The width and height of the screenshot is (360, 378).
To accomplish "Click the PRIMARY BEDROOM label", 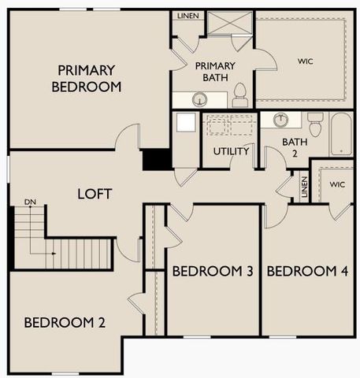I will [87, 79].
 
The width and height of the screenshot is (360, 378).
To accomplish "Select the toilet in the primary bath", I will [241, 96].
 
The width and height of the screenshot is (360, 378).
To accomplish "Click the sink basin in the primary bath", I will [200, 99].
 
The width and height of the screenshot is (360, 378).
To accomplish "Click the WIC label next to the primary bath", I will [305, 61].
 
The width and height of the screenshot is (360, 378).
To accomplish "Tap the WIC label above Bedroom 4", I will [337, 184].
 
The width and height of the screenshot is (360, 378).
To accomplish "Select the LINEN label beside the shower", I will [188, 16].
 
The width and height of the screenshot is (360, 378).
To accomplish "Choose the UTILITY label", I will [231, 150].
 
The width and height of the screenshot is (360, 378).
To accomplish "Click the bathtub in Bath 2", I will [341, 135].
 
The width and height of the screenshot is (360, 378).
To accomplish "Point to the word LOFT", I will [94, 194].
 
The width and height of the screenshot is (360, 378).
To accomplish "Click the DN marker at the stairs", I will [31, 202].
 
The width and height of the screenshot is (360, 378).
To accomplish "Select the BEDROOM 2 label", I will [65, 322].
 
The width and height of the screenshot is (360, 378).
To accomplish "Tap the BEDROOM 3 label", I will [212, 272].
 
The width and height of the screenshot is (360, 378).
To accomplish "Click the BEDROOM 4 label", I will [306, 272].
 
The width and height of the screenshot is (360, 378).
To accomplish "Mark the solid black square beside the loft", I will [157, 159].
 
